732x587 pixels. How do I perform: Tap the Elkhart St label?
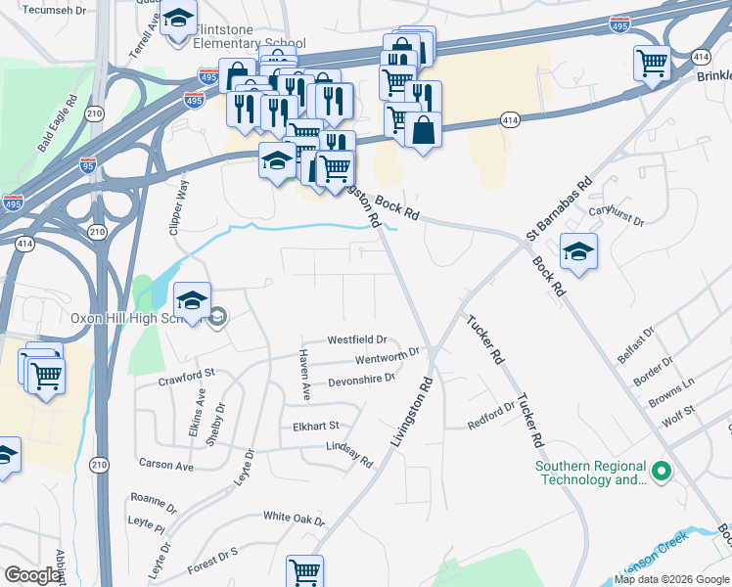click(315, 426)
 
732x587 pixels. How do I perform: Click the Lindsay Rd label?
click(349, 453)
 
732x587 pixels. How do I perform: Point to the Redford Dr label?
click(491, 415)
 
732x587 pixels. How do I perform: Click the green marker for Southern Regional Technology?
click(662, 473)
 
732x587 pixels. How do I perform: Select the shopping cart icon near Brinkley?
click(652, 64)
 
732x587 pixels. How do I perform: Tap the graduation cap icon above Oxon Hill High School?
click(193, 300)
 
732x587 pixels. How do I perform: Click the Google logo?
click(32, 575)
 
